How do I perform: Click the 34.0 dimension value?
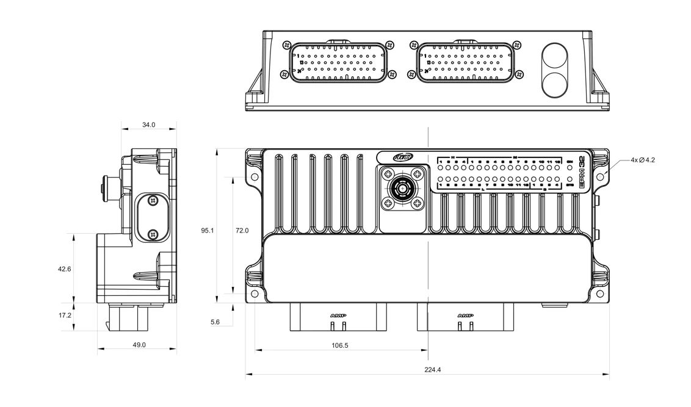[x=148, y=125]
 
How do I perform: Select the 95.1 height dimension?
[x=208, y=231]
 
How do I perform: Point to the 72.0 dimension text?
[x=242, y=231]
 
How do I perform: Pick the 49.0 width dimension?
[x=139, y=345]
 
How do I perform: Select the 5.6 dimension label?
[x=214, y=322]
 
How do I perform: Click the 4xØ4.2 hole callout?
[x=643, y=160]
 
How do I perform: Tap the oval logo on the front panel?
[x=403, y=157]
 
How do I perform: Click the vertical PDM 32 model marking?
[x=582, y=171]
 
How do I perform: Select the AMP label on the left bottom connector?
[x=338, y=315]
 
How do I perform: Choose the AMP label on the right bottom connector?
[x=465, y=315]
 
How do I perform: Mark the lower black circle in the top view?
[x=555, y=84]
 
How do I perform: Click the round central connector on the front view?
[x=403, y=189]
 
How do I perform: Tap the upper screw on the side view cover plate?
[x=153, y=200]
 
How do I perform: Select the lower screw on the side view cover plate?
[x=153, y=234]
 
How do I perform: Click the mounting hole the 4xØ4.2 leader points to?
[x=600, y=177]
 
